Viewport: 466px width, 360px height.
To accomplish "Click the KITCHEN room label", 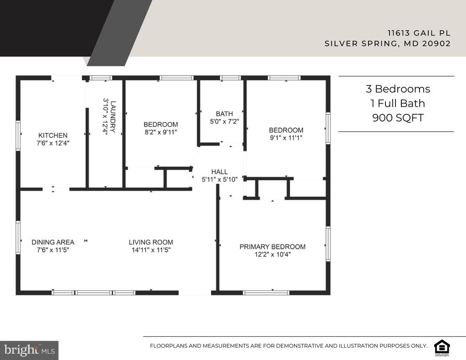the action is click(x=53, y=135).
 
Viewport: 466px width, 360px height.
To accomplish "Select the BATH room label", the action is click(x=224, y=114).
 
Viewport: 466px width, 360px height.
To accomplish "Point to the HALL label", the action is click(x=220, y=172).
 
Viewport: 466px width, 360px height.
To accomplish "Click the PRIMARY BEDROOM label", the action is click(x=273, y=247).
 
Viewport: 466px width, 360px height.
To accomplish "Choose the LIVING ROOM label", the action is click(x=151, y=242).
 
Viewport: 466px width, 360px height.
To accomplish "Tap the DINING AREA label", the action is click(x=53, y=242).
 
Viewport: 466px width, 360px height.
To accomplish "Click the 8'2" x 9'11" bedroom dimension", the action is click(x=161, y=132).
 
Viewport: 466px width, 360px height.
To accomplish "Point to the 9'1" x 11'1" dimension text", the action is click(x=286, y=138).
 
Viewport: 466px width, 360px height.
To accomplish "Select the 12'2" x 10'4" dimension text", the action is click(x=273, y=254).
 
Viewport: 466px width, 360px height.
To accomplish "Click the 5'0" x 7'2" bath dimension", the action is click(x=224, y=122).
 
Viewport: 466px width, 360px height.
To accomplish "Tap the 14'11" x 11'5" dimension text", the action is click(x=151, y=250).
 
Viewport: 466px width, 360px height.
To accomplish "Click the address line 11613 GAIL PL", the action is click(x=419, y=33).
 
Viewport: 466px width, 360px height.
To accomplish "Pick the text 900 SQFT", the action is click(x=398, y=118).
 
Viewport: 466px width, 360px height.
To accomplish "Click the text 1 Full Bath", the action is click(x=398, y=103).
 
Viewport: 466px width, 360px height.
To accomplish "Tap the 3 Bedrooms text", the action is click(x=398, y=89).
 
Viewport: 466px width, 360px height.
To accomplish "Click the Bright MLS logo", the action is click(x=29, y=350).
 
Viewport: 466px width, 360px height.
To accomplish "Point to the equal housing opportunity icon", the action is click(x=442, y=347).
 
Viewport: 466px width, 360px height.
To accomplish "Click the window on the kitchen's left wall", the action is click(x=18, y=136).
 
